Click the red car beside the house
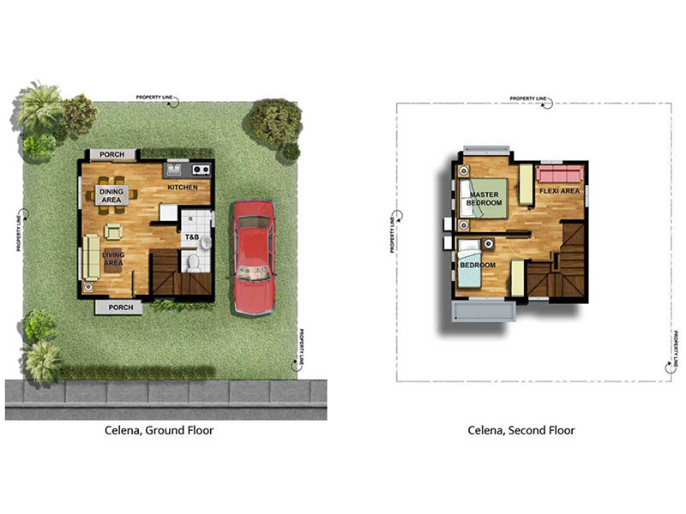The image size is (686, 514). tap(254, 256)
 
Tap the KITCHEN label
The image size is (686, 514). tap(183, 187)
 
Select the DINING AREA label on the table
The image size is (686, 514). tap(111, 196)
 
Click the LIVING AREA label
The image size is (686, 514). tap(113, 259)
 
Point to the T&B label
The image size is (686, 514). tap(191, 237)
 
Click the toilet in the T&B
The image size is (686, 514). tap(192, 264)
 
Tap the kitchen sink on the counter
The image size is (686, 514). tap(175, 170)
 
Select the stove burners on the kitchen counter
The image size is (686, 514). tap(202, 169)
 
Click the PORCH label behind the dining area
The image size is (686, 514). tap(112, 154)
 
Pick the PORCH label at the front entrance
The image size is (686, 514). tap(121, 308)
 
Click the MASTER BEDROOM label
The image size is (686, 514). tap(484, 199)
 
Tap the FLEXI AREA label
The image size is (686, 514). tap(559, 191)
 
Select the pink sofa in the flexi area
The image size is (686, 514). tap(560, 174)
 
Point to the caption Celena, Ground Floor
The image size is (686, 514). tap(159, 431)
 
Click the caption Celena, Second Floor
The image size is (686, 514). tap(521, 431)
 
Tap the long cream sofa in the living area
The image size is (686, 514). tap(92, 257)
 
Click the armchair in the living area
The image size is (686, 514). tap(113, 231)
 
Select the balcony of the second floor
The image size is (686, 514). tap(484, 311)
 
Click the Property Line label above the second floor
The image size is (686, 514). tap(528, 99)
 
